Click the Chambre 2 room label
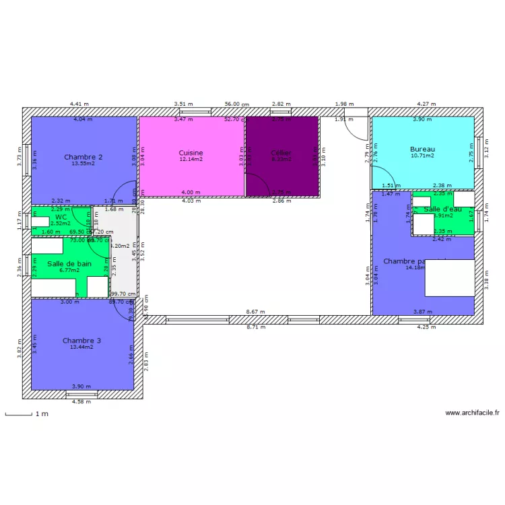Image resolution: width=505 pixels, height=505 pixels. (83, 157)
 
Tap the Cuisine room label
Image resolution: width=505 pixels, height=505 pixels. (191, 153)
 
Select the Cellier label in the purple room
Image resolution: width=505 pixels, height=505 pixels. (281, 153)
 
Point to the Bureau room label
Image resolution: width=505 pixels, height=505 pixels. (423, 149)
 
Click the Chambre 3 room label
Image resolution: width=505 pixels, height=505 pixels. (82, 341)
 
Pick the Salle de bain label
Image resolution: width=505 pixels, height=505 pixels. (69, 264)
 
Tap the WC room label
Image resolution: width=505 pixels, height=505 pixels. (61, 217)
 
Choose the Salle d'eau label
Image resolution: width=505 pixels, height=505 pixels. (443, 209)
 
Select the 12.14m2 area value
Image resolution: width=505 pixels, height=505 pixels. (191, 160)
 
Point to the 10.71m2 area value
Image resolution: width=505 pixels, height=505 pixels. (423, 156)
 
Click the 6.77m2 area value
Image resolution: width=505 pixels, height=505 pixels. (69, 271)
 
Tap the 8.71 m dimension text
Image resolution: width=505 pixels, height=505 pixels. (256, 327)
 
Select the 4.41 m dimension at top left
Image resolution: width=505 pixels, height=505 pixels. (79, 104)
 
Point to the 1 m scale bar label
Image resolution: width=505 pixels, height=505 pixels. (42, 414)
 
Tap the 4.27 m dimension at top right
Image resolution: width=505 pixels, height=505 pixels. (427, 104)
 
